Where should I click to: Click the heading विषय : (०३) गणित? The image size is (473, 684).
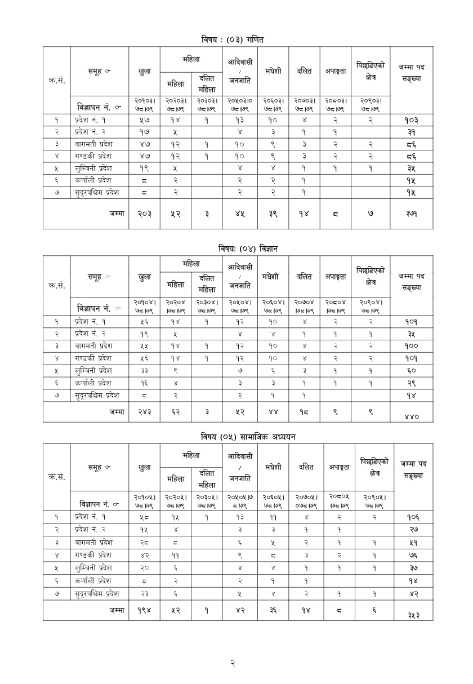[x=236, y=40]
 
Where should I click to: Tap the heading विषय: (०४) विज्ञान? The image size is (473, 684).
[x=237, y=248]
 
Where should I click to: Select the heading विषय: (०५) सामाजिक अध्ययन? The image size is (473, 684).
[x=236, y=437]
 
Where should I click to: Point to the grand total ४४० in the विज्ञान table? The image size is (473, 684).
[x=412, y=416]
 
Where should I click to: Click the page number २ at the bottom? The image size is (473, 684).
[x=233, y=663]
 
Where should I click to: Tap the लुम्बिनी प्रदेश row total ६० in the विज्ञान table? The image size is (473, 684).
[x=412, y=371]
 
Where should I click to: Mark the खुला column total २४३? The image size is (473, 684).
[x=144, y=412]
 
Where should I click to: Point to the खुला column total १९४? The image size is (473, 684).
[x=144, y=610]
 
